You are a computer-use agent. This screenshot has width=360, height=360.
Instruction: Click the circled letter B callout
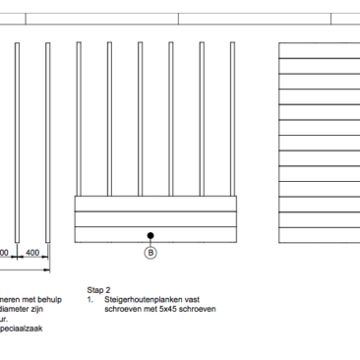pos(150,253)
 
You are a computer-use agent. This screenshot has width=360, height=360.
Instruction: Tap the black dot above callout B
pos(150,235)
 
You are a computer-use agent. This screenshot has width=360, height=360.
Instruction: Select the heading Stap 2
pos(100,291)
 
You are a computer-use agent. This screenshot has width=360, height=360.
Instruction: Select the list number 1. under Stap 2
pos(90,300)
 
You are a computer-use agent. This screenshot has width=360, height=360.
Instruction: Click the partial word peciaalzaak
pos(22,329)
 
